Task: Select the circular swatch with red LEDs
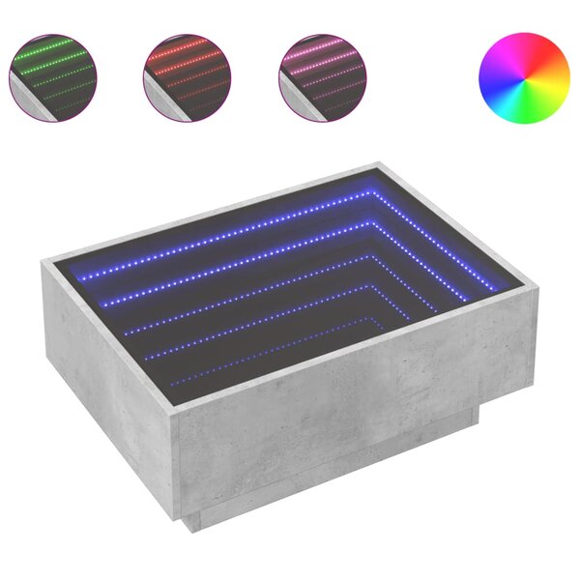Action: [x=188, y=78]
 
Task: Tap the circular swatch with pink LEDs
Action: [x=323, y=78]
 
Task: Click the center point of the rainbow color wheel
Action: [x=525, y=78]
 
